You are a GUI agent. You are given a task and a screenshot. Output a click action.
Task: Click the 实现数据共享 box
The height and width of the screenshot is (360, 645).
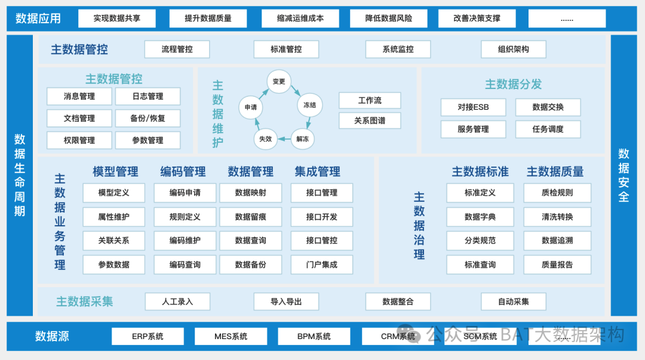[x=116, y=19]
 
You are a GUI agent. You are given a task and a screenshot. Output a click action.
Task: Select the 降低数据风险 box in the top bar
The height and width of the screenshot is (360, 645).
[x=389, y=19]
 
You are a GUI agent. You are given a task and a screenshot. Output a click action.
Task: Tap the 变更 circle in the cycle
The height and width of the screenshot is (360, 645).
[x=279, y=82]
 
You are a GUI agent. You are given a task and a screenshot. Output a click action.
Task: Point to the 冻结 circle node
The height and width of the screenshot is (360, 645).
[x=309, y=105]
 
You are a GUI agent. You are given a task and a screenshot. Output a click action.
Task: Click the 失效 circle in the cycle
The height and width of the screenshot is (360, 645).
[x=265, y=139]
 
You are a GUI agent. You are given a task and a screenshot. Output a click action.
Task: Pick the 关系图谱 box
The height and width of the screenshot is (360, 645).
[x=370, y=121]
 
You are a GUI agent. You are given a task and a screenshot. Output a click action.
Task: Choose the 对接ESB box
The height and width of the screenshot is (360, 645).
[x=473, y=107]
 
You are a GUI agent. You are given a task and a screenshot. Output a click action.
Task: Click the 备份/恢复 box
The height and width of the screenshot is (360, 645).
[x=148, y=118]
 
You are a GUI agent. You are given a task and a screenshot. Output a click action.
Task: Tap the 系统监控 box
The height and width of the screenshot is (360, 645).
[x=398, y=50]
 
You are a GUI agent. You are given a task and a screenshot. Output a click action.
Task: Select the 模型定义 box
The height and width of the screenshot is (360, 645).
[x=113, y=193]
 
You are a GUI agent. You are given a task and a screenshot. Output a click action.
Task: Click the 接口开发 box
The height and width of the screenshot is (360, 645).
[x=322, y=217]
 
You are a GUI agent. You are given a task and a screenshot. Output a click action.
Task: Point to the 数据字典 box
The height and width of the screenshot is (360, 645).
[x=480, y=217]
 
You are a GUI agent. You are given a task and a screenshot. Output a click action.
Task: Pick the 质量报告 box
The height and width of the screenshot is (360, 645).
[x=557, y=264]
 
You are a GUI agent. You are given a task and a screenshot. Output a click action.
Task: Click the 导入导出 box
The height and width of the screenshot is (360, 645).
[x=286, y=301]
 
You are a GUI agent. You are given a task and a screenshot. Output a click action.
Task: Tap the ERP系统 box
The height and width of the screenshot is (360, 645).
[x=148, y=336]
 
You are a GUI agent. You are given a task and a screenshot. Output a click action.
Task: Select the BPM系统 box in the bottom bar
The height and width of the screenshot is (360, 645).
[x=314, y=336]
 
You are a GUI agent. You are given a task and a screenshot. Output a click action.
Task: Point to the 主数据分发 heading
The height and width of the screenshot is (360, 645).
[x=513, y=84]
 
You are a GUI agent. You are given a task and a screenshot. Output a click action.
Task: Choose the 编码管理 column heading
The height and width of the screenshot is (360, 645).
[x=183, y=172]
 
